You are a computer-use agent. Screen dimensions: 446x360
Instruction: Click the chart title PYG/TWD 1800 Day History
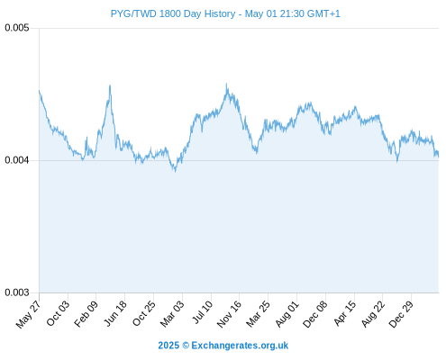pyautogui.click(x=173, y=13)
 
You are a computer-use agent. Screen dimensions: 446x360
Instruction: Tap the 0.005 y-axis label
pyautogui.click(x=17, y=28)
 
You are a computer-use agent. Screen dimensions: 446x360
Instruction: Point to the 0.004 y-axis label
pyautogui.click(x=17, y=160)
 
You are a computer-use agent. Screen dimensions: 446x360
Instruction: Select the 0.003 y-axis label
pyautogui.click(x=17, y=292)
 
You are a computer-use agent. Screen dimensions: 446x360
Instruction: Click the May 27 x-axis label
pyautogui.click(x=28, y=314)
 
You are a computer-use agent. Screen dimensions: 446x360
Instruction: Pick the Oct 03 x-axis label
pyautogui.click(x=58, y=313)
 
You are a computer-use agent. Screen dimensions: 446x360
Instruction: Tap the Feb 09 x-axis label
pyautogui.click(x=86, y=313)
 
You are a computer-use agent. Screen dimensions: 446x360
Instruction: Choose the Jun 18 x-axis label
pyautogui.click(x=115, y=313)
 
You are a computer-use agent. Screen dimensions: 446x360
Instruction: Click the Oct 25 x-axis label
pyautogui.click(x=144, y=313)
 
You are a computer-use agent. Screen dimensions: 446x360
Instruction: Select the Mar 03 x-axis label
pyautogui.click(x=172, y=313)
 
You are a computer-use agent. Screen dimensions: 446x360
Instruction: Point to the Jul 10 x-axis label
pyautogui.click(x=203, y=312)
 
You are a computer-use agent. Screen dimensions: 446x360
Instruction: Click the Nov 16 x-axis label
pyautogui.click(x=229, y=314)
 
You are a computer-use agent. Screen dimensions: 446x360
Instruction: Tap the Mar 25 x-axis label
pyautogui.click(x=258, y=313)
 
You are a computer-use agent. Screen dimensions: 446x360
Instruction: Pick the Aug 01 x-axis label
pyautogui.click(x=287, y=313)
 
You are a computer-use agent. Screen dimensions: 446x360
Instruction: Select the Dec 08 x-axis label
pyautogui.click(x=315, y=314)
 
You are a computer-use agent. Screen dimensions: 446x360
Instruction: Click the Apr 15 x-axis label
pyautogui.click(x=345, y=313)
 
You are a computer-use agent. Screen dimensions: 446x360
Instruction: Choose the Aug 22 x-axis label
pyautogui.click(x=373, y=313)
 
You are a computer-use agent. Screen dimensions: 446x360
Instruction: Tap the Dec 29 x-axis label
pyautogui.click(x=401, y=314)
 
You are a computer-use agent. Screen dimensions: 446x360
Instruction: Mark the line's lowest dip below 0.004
pyautogui.click(x=175, y=171)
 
